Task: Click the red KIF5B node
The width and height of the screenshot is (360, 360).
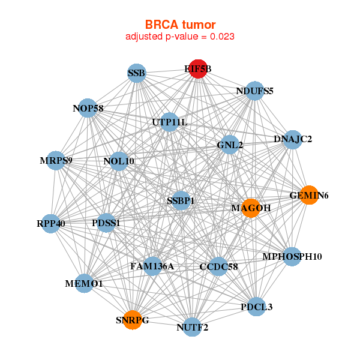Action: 198,69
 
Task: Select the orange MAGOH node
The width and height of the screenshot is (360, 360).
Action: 251,208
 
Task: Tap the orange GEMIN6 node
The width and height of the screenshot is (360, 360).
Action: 308,195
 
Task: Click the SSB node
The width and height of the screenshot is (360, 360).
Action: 137,74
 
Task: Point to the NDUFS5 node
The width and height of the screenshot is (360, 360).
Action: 255,91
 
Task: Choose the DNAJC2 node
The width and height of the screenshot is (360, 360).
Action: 292,139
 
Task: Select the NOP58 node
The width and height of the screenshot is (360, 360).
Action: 88,108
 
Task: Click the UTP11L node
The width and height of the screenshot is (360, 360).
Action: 170,122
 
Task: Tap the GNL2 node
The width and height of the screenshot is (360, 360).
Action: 229,145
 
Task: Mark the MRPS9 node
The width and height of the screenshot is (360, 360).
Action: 56,160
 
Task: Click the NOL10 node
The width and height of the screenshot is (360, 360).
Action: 119,161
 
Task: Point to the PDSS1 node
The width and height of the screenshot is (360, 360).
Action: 106,223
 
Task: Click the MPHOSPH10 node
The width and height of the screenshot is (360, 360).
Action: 292,257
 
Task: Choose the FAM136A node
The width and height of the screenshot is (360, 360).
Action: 152,266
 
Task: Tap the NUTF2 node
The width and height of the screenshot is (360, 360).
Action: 192,327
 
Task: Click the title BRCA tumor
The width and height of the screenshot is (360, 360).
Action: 180,24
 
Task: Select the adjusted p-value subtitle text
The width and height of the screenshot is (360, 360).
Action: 180,37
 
